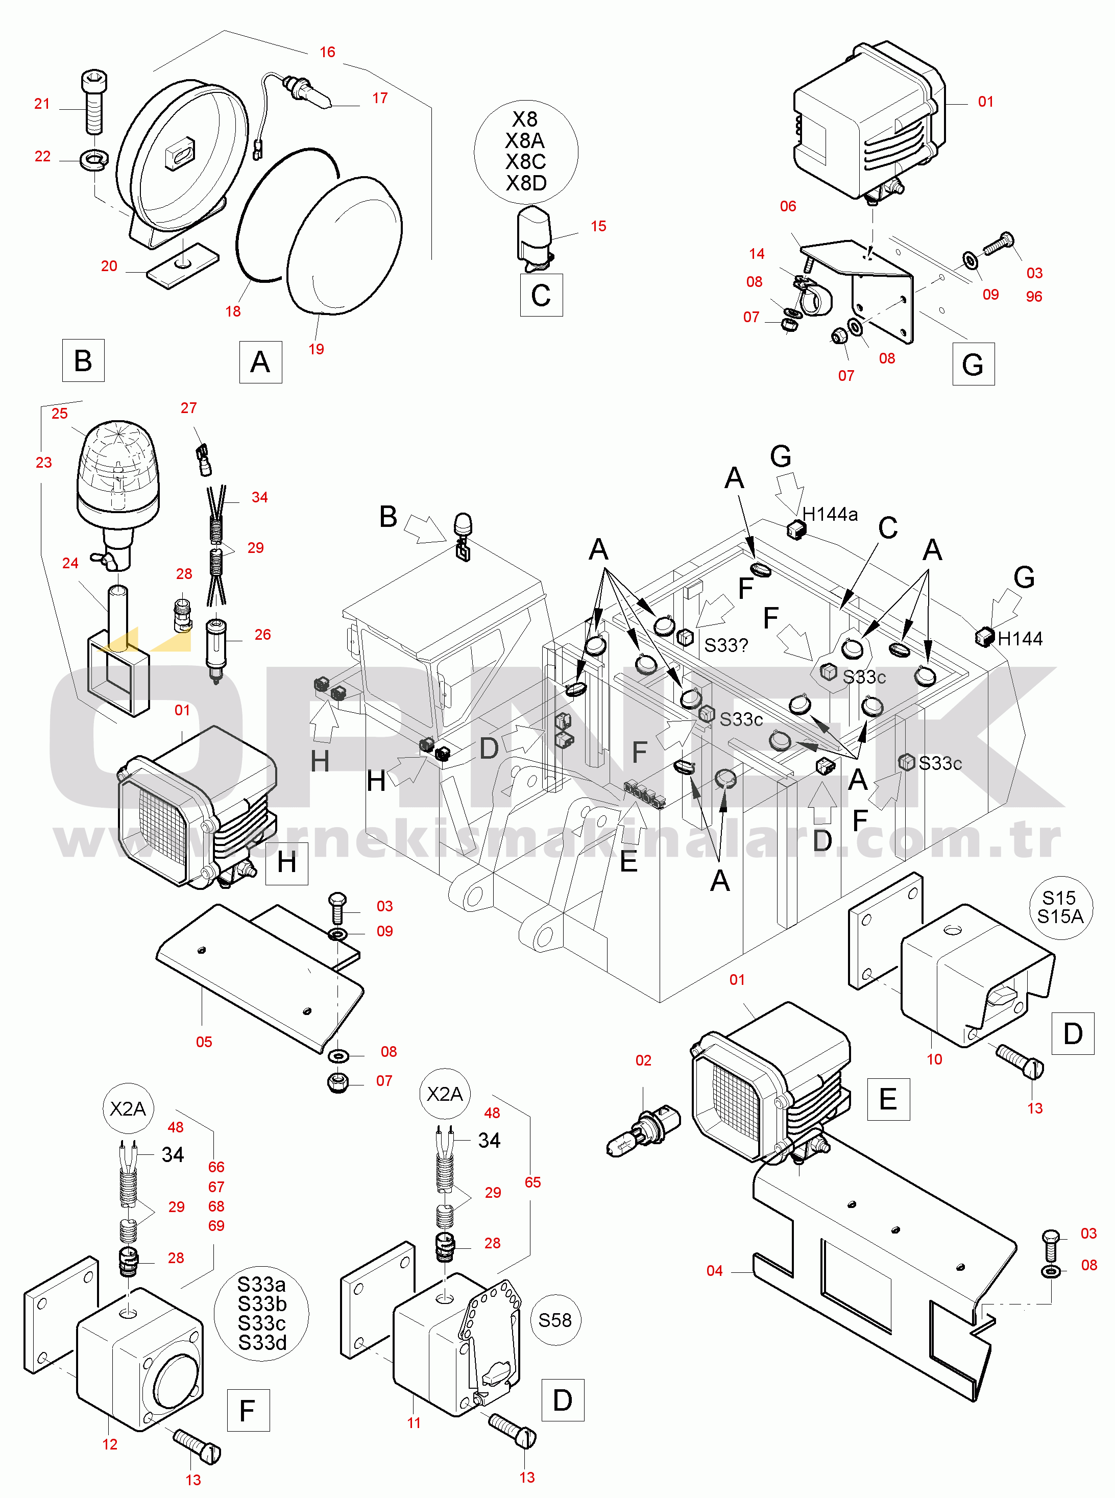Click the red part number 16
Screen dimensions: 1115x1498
pos(327,52)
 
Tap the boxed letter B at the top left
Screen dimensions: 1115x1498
pos(83,360)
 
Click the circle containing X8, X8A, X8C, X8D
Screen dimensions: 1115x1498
pos(526,152)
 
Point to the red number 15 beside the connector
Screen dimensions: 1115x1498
pos(598,226)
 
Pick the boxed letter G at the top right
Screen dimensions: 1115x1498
pos(973,364)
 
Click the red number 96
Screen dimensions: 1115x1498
pos(1033,296)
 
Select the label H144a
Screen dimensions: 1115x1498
pos(830,515)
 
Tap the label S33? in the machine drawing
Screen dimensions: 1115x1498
pos(725,645)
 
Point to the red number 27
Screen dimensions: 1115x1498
pos(188,408)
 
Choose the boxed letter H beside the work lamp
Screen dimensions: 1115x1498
pos(287,863)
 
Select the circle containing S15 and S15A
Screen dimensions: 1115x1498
pos(1060,907)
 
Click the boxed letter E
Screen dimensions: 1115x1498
pos(888,1099)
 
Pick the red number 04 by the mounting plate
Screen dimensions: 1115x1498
pos(714,1270)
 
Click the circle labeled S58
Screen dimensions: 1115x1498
pos(555,1320)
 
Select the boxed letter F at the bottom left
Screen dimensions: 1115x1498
pos(248,1410)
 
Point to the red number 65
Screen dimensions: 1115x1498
pos(532,1182)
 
